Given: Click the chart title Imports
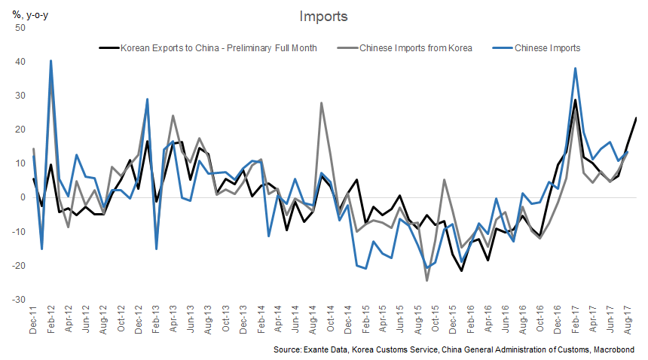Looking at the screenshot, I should coord(324,16).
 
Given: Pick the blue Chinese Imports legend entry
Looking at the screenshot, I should coord(548,48).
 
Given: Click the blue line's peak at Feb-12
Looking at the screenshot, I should coord(50,60).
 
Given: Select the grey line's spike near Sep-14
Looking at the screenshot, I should coord(322,103).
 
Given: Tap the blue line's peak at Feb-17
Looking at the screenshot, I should coord(576,68).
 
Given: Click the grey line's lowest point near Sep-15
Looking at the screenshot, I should coord(426,280).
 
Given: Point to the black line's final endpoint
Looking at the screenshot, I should coord(637,118).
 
